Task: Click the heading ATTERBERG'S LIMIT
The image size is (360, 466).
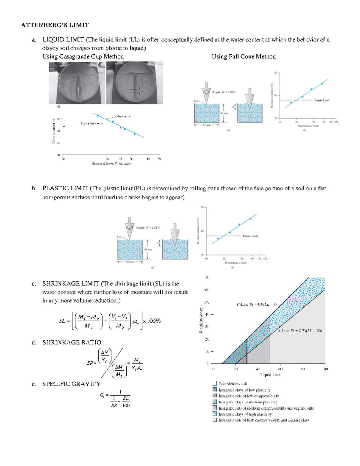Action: [55, 25]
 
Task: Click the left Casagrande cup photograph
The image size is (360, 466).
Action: [77, 83]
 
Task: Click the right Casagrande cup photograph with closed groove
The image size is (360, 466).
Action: [135, 83]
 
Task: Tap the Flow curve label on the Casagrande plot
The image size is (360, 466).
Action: [123, 116]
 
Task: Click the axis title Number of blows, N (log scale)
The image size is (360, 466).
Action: [111, 164]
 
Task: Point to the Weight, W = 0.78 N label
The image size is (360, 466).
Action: [224, 92]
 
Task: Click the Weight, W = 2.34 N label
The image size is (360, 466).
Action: [148, 228]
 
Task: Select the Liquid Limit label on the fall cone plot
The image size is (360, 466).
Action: [322, 100]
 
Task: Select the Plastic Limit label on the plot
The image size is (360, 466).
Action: [250, 236]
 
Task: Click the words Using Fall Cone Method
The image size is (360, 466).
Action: [244, 56]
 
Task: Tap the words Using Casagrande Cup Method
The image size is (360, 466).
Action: [83, 56]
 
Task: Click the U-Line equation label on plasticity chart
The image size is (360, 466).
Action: [257, 304]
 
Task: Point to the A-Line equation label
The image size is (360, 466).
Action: [300, 331]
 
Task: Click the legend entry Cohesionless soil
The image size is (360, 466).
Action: [232, 384]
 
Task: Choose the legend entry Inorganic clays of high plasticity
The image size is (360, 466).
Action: [245, 414]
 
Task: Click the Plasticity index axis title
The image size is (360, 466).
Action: [201, 320]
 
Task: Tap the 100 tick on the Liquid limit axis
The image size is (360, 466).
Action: [325, 369]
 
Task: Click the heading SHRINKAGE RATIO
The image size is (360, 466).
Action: [71, 342]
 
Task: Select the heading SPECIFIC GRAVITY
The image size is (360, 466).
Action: [71, 384]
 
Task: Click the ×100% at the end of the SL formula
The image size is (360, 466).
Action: [152, 321]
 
